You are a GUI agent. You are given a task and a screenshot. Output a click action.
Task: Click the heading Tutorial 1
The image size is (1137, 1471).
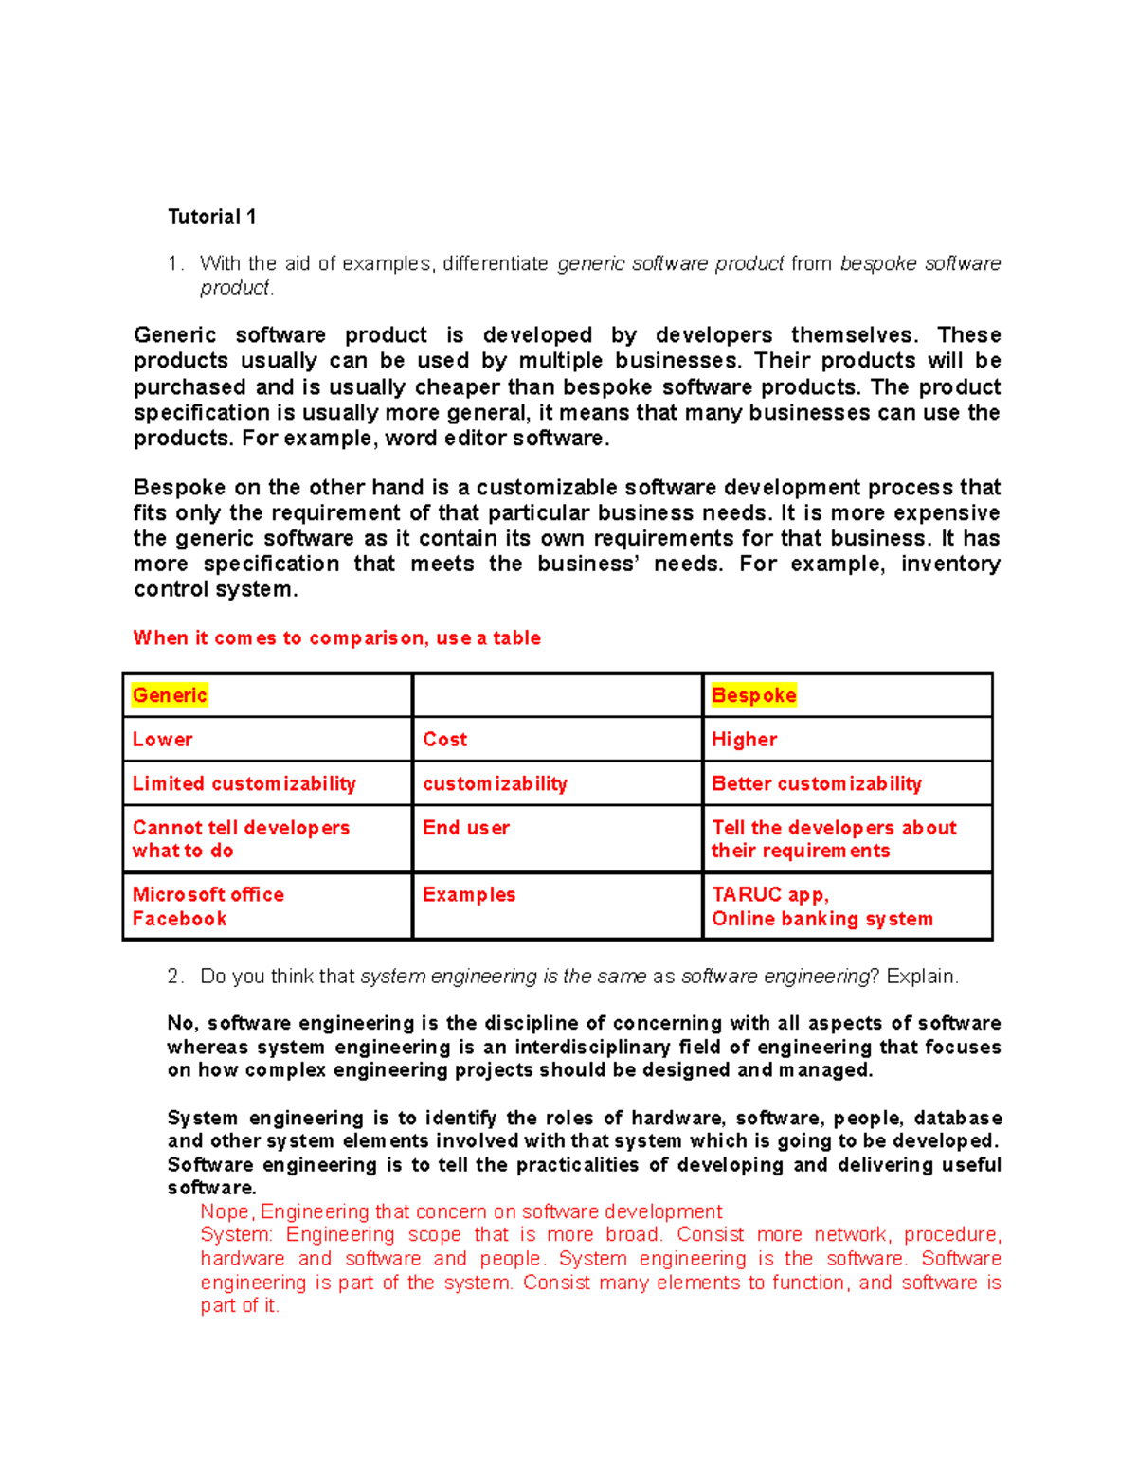[211, 217]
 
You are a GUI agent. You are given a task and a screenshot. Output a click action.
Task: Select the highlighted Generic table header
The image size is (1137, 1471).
[170, 695]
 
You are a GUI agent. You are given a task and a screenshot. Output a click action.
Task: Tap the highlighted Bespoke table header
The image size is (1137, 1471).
[753, 695]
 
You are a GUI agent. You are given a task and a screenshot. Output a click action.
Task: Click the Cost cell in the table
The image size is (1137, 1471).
[445, 740]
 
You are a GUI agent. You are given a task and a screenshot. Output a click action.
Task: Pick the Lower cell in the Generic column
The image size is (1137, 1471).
[163, 740]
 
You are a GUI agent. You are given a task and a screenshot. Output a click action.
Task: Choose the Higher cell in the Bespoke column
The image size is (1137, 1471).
[744, 740]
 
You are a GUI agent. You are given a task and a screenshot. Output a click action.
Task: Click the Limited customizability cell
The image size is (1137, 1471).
[244, 783]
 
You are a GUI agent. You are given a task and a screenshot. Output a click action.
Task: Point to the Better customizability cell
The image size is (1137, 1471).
[817, 783]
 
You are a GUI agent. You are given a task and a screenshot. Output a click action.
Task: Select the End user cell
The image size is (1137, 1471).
[466, 828]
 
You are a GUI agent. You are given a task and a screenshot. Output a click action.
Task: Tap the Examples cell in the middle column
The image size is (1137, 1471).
[469, 895]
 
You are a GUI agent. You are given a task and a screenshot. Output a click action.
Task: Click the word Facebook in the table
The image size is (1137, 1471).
[180, 919]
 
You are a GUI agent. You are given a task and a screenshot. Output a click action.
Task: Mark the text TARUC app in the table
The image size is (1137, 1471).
[769, 895]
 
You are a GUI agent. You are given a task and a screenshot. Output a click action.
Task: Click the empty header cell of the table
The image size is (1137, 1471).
[557, 695]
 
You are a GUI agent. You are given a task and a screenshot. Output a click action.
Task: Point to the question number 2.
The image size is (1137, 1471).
[173, 977]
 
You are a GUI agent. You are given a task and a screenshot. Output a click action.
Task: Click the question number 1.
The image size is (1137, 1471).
[173, 263]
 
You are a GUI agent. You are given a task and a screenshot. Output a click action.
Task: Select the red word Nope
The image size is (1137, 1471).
[226, 1211]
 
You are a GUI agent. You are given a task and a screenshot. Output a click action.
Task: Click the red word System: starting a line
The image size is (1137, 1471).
[236, 1235]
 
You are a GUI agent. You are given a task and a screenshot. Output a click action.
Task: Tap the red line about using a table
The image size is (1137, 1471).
[337, 638]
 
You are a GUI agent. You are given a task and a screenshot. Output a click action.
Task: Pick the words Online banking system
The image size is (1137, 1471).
[822, 919]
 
